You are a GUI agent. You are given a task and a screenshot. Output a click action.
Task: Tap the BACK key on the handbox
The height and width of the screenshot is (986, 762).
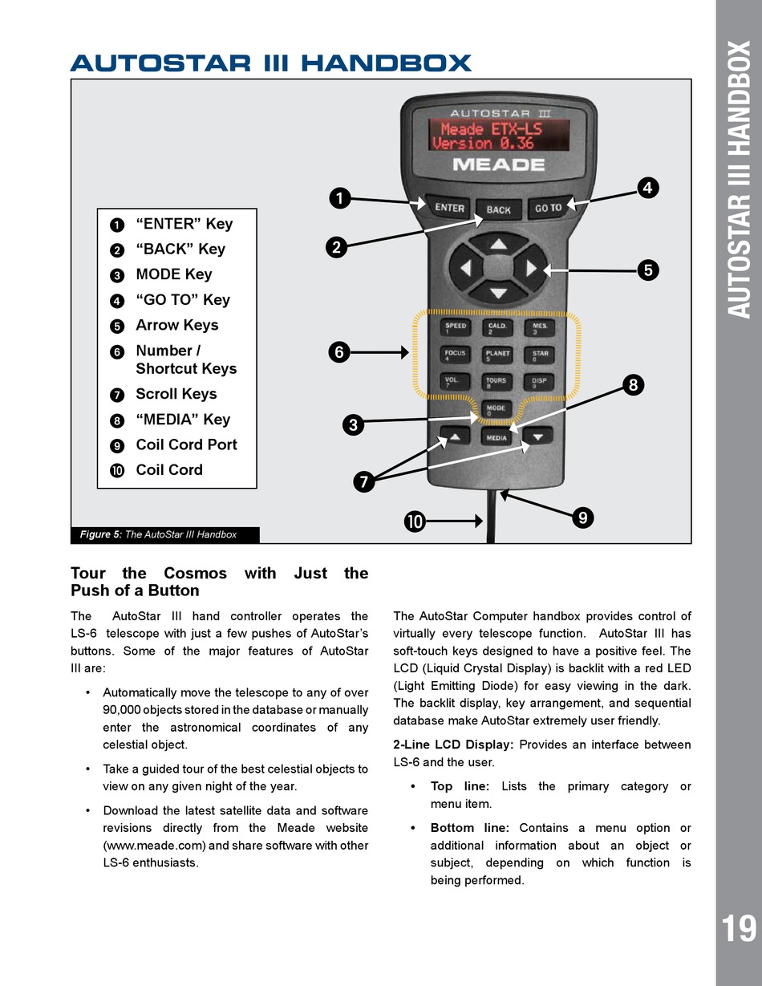(498, 210)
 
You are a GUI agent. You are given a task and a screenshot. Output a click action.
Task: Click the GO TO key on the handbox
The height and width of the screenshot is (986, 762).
(549, 208)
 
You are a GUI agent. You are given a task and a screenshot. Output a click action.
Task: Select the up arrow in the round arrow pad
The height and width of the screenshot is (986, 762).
(499, 243)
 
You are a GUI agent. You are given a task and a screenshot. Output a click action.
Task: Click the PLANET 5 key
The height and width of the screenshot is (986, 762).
(498, 355)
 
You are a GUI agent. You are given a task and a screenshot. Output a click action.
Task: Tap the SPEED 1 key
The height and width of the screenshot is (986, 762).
(456, 328)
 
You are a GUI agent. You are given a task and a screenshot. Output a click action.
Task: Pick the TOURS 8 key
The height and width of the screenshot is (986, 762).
(497, 383)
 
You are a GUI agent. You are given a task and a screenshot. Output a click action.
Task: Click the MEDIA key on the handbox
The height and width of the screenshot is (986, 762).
(497, 438)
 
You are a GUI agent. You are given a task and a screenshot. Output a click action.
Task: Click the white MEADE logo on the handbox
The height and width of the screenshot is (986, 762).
(498, 165)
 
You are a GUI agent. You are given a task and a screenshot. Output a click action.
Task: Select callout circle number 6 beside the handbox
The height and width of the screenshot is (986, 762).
(339, 351)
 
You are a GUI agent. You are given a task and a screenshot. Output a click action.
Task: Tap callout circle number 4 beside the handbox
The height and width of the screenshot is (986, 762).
(647, 189)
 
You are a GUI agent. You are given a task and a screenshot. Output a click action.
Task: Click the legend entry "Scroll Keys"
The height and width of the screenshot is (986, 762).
(176, 394)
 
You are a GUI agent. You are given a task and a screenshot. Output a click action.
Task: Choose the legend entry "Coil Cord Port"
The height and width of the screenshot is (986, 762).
(186, 444)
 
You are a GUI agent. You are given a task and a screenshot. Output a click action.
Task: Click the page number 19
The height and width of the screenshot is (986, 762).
(738, 929)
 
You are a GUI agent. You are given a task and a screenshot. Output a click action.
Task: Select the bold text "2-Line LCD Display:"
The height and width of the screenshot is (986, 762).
(453, 745)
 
